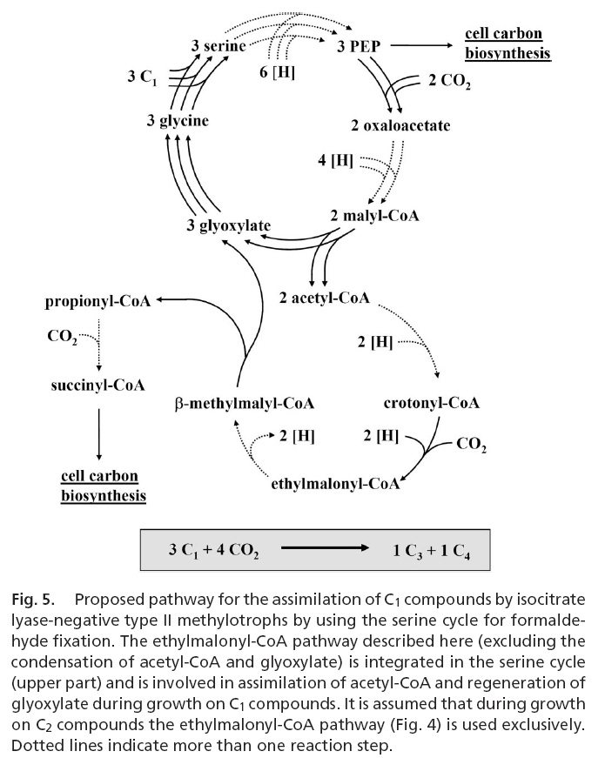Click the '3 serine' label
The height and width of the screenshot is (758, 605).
[x=219, y=44]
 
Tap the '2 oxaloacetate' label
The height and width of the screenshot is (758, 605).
[x=400, y=126]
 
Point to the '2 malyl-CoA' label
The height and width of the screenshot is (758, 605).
[x=375, y=215]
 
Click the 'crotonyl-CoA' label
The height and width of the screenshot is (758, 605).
[x=432, y=404]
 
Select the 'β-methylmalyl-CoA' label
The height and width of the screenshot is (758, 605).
[x=244, y=404]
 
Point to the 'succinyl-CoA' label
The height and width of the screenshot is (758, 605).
[x=97, y=384]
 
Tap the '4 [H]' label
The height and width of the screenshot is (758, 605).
[x=335, y=162]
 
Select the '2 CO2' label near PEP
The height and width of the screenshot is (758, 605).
[x=449, y=84]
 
